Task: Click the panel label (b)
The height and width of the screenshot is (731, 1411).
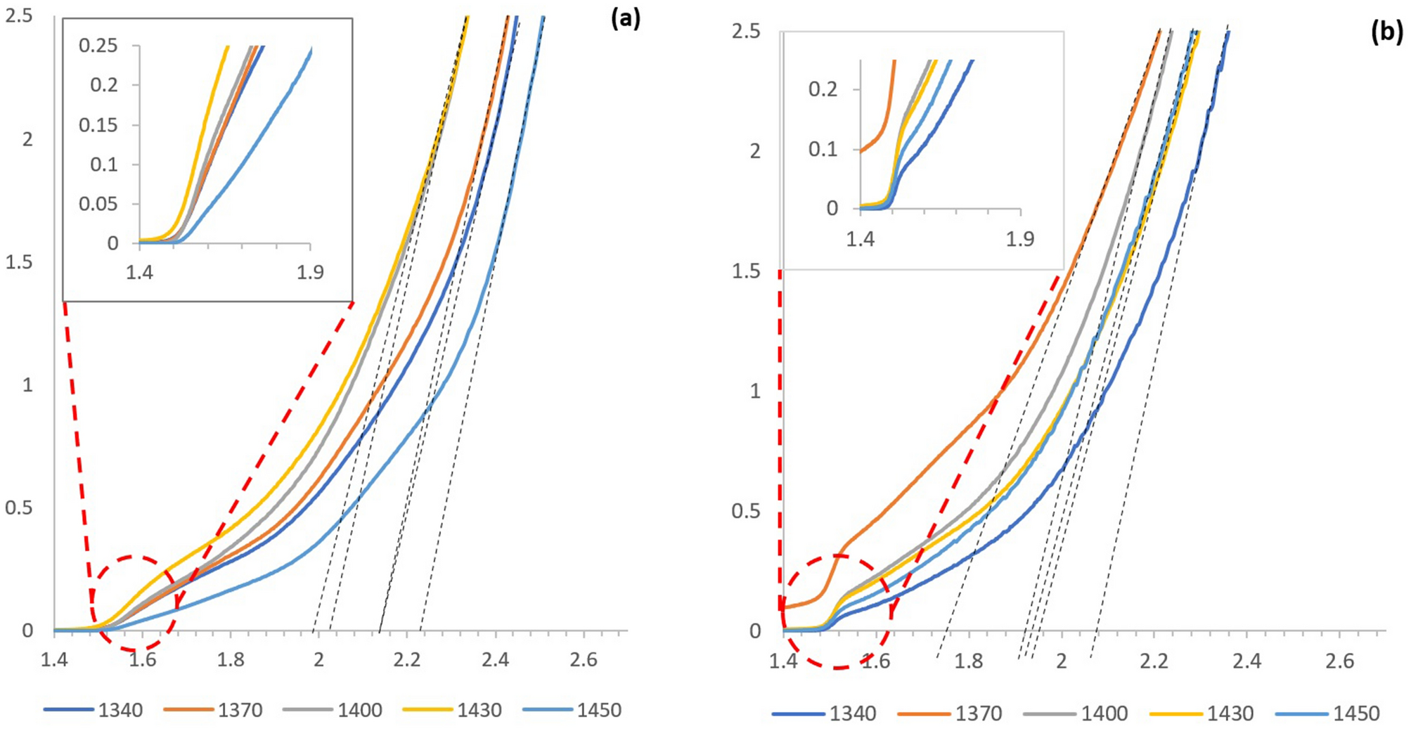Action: pyautogui.click(x=1386, y=33)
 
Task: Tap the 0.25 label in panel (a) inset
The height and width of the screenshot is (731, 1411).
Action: pyautogui.click(x=98, y=46)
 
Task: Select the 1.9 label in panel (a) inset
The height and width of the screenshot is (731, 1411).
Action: pyautogui.click(x=309, y=272)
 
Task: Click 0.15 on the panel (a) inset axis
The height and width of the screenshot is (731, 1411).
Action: pyautogui.click(x=98, y=125)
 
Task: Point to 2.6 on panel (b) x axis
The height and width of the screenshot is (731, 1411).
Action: pyautogui.click(x=1339, y=661)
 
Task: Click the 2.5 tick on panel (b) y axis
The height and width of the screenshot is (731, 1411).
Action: pyautogui.click(x=746, y=32)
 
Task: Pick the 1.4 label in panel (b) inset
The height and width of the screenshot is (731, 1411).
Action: pyautogui.click(x=860, y=239)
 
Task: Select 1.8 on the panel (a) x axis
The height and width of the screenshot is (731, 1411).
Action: pyautogui.click(x=231, y=659)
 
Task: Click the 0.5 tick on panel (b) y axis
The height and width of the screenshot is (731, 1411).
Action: pyautogui.click(x=746, y=511)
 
